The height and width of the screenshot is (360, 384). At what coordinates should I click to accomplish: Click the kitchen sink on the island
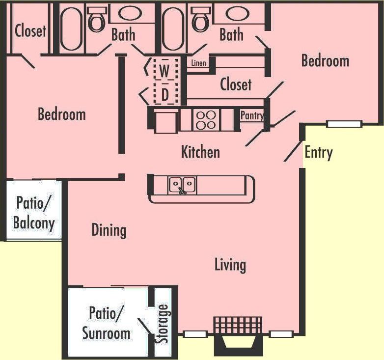coord(183,185)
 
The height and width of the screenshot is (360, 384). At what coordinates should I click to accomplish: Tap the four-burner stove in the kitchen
coord(206,119)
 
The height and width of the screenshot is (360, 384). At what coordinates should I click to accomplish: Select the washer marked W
coord(165,70)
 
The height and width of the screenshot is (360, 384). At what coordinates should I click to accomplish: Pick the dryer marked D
coord(165,94)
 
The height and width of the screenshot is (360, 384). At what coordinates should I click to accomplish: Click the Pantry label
coord(252,116)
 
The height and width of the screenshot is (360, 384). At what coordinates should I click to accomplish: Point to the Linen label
coord(198,63)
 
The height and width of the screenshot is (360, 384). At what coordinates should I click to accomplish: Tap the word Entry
coord(318,152)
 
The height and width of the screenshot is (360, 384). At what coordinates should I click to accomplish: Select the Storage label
coord(163,324)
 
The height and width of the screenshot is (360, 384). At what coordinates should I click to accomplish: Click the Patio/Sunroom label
coord(106,323)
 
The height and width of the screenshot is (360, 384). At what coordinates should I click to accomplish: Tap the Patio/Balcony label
coord(33,212)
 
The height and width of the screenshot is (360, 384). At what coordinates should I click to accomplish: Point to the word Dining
coord(109,230)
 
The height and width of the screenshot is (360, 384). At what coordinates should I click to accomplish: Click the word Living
coord(230,265)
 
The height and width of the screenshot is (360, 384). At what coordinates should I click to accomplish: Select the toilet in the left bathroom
coord(96,20)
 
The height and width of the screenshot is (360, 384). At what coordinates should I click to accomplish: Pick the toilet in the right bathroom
coord(200,20)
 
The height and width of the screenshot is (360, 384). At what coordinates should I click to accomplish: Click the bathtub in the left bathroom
coord(71,28)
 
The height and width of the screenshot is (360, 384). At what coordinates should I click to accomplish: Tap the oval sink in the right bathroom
coord(236,13)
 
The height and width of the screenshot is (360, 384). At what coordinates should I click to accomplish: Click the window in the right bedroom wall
coord(344,124)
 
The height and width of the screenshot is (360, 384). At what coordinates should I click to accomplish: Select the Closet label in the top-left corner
coord(30,31)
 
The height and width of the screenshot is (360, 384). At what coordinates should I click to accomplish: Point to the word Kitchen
coord(200,152)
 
